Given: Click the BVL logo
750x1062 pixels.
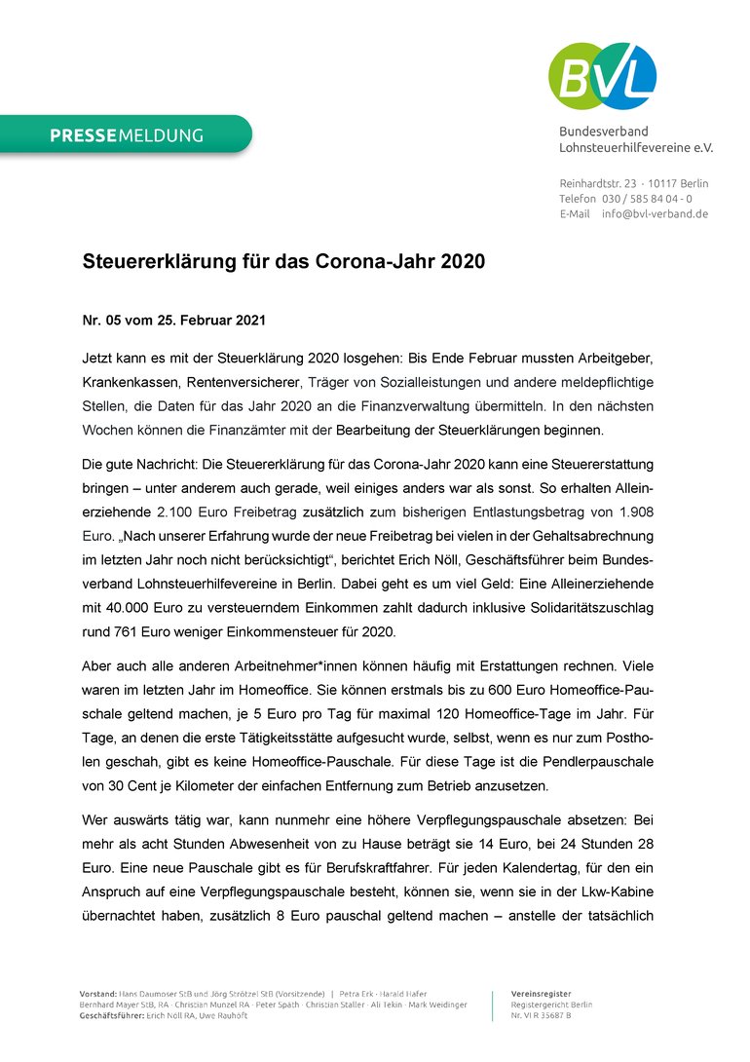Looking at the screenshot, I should [x=602, y=75].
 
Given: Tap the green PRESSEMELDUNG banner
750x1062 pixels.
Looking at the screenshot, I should [x=127, y=135].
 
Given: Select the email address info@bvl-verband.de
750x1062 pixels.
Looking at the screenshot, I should [x=655, y=213].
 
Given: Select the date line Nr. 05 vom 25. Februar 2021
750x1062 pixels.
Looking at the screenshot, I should [x=173, y=320].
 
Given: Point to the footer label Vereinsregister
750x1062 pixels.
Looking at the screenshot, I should [x=542, y=993].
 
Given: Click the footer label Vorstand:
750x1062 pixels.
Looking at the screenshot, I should [x=98, y=993].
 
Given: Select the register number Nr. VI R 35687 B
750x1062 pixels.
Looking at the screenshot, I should [x=542, y=1016].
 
